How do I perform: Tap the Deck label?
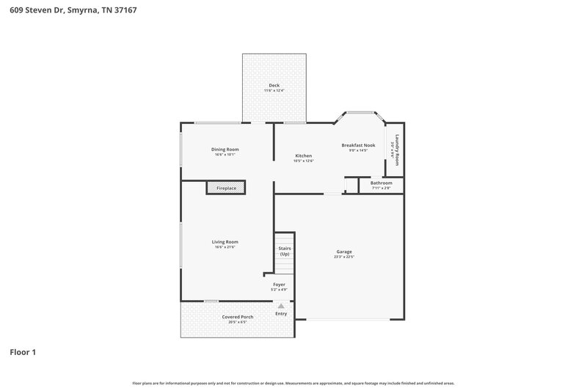point(274,85)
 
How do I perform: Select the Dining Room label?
point(225,149)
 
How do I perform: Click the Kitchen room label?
point(303,156)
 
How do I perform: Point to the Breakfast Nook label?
point(358,145)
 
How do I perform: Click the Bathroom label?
point(381,183)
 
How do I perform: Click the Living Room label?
point(225,241)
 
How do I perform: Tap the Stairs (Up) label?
point(284,251)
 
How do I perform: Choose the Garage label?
point(343,252)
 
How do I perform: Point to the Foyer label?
point(279,284)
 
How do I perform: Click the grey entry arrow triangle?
point(280,306)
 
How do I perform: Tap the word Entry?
point(281,314)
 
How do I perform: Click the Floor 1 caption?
point(23,352)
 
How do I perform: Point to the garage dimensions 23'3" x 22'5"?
point(343,257)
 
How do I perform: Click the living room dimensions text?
point(225,247)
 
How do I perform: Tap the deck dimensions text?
point(274,91)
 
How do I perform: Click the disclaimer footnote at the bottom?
point(293,383)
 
